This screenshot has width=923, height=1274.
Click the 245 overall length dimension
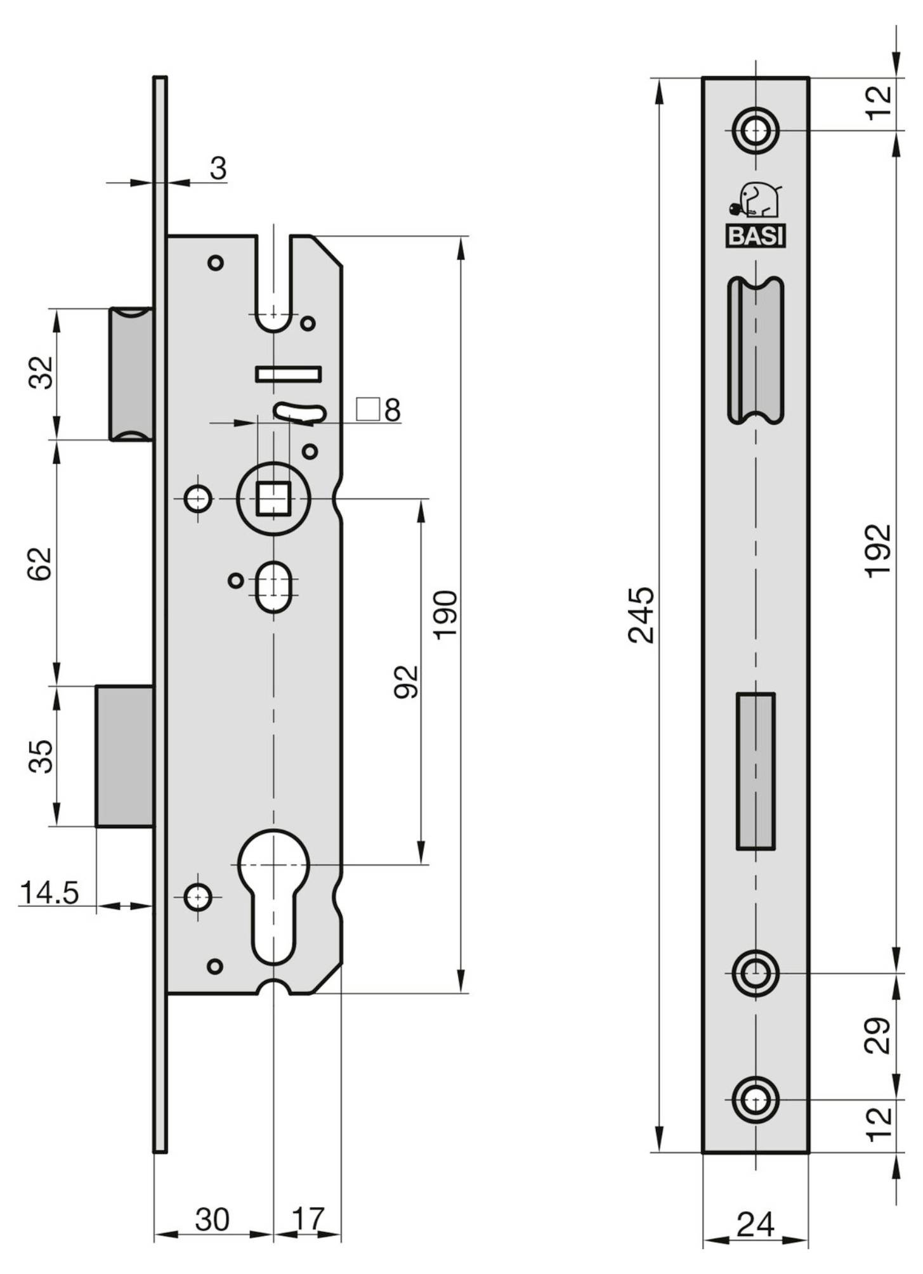pos(641,615)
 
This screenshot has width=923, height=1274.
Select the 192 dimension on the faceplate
pos(879,550)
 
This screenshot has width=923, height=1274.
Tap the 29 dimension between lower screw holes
pos(879,1036)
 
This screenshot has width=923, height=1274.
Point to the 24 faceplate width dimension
pos(755,1225)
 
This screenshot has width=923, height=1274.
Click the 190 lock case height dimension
pos(445,614)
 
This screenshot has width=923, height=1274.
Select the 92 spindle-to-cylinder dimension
pos(407,682)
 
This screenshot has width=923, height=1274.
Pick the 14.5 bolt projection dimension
pos(49,893)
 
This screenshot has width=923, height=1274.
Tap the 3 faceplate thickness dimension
pos(218,169)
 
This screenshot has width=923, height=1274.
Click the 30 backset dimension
pos(212,1219)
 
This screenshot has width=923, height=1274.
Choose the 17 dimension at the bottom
pos(308,1219)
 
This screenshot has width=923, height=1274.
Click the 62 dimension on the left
pos(41,563)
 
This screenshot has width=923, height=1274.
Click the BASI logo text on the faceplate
pos(755,237)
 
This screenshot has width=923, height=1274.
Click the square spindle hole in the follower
pos(273,499)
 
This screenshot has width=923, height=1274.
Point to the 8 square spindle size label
pos(392,410)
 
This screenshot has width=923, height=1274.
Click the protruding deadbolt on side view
pos(124,756)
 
